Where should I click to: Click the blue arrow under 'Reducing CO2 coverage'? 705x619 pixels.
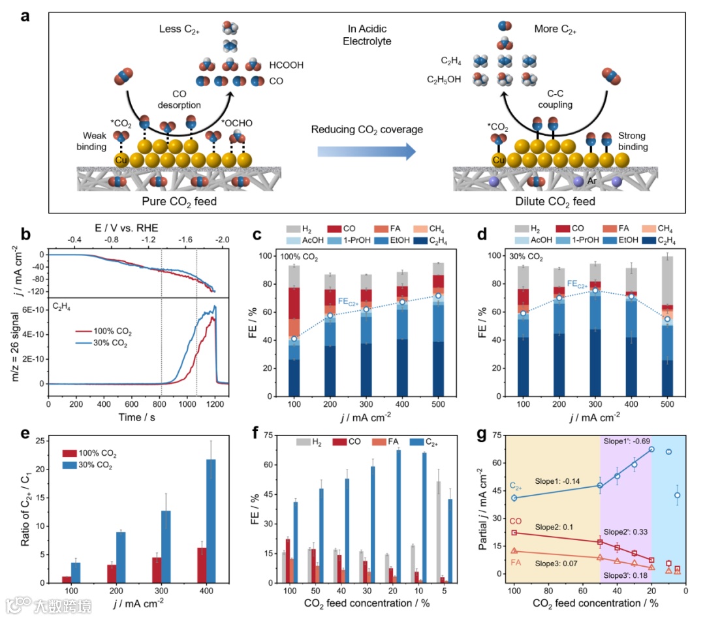coord(366,152)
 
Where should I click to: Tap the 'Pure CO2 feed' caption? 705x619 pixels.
coord(180,201)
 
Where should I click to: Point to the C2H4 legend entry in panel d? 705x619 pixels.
coord(647,240)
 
